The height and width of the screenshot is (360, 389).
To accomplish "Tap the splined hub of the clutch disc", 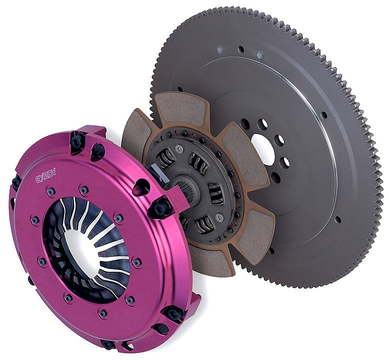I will tap(182, 192).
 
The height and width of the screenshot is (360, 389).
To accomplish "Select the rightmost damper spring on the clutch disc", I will tap(216, 192).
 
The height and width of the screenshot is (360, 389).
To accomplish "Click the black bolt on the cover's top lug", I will tap(78, 141).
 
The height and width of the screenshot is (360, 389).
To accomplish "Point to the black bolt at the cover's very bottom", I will tap(108, 344).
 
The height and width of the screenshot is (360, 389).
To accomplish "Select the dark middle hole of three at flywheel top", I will tap(241, 49).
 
